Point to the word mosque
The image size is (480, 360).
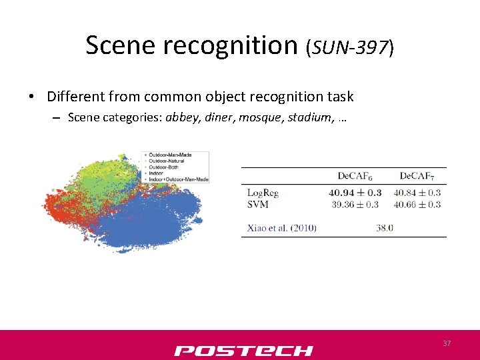261,117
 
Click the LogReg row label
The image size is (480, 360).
263,193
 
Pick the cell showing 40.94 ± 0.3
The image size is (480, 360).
355,193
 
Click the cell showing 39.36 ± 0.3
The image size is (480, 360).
355,204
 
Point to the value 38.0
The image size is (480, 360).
385,228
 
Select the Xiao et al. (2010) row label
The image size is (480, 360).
281,228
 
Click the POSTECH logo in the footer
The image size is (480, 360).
243,350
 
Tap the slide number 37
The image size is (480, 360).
447,343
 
